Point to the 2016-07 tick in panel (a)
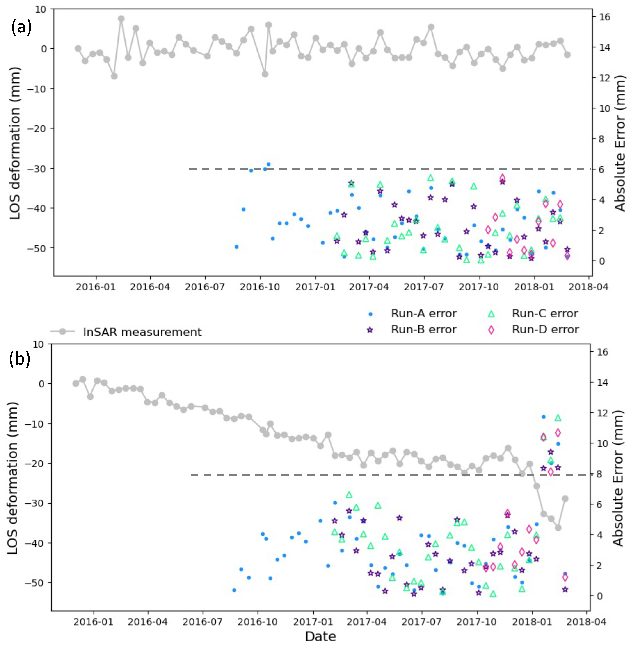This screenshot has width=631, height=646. (205, 287)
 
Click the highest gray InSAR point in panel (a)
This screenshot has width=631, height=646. (121, 18)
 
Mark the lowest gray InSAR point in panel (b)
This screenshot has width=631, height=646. (558, 527)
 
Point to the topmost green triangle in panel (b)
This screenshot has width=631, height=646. (558, 418)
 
